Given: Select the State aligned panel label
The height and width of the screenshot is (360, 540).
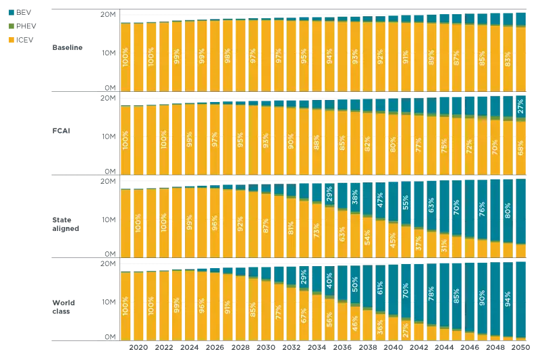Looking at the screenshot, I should click(x=66, y=224).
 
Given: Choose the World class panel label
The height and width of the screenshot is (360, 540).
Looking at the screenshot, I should click(x=64, y=307).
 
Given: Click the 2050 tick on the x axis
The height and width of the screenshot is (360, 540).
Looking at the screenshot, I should click(x=520, y=346).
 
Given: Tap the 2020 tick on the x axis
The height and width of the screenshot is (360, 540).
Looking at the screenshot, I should click(x=138, y=346).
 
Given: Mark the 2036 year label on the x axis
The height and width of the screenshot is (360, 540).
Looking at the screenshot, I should click(x=342, y=346).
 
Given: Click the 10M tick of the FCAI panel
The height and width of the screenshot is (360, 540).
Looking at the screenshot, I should click(x=109, y=136).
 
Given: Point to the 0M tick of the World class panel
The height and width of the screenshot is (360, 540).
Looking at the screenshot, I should click(x=110, y=337).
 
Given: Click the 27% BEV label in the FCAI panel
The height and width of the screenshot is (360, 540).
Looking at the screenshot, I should click(x=520, y=107).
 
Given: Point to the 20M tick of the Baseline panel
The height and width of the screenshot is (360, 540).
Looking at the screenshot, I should click(x=109, y=16).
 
